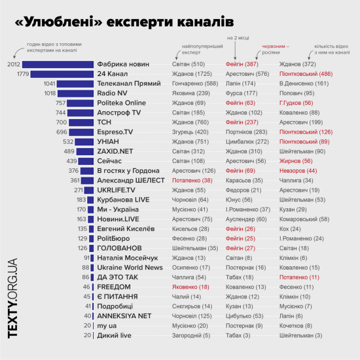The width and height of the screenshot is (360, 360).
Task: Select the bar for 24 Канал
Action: pyautogui.click(x=62, y=74)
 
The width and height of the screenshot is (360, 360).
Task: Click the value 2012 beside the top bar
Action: pyautogui.click(x=14, y=64)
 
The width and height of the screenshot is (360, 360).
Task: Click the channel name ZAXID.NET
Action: pyautogui.click(x=115, y=151)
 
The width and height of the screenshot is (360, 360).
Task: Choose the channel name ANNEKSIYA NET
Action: pyautogui.click(x=124, y=315)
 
